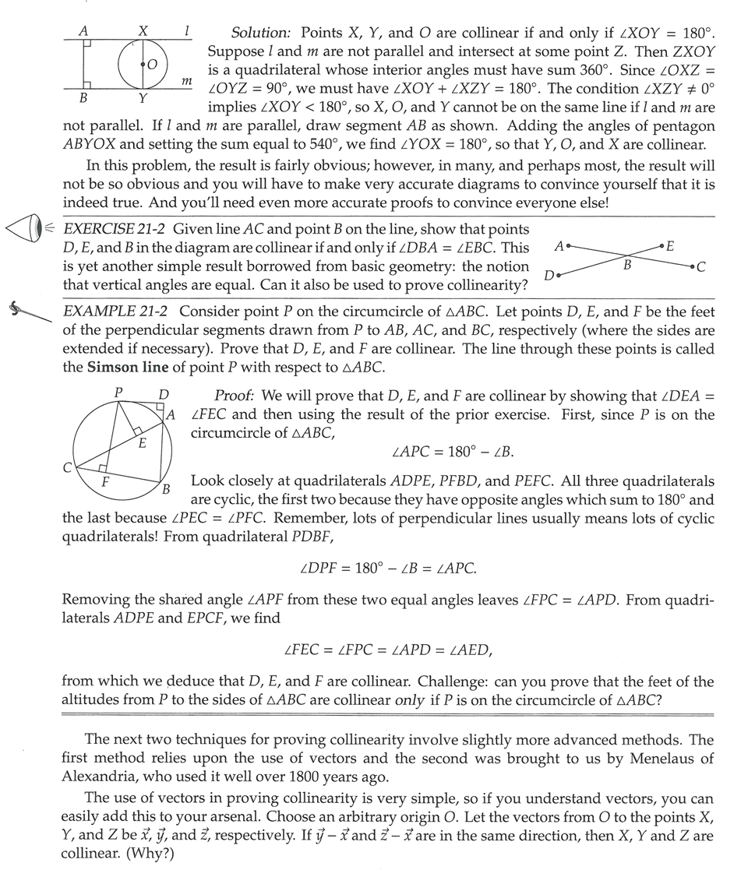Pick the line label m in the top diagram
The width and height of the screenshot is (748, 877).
pyautogui.click(x=186, y=80)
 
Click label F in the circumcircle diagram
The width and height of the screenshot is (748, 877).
pyautogui.click(x=105, y=482)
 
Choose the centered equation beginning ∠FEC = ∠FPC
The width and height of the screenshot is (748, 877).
pyautogui.click(x=388, y=648)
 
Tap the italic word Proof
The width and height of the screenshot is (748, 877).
pyautogui.click(x=231, y=396)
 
